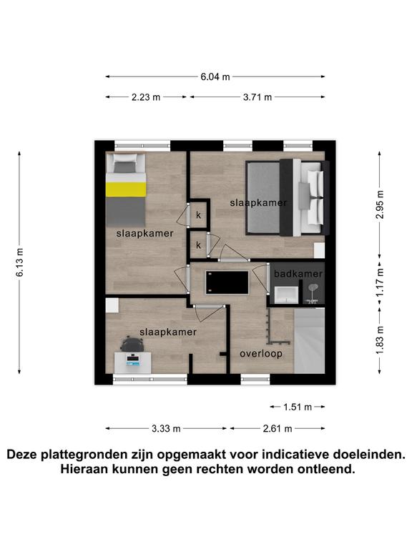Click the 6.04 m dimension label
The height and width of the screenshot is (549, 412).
point(215,76)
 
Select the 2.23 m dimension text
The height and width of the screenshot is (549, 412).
point(146,97)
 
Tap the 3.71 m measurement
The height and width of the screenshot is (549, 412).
point(257,97)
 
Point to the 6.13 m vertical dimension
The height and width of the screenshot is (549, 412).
point(20,262)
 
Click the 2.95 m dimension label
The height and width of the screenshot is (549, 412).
point(380,204)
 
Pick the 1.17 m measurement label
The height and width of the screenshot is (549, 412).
point(380,282)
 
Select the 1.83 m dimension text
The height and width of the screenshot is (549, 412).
point(380,340)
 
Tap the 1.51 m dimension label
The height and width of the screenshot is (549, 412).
point(298,407)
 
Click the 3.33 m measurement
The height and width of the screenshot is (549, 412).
point(166,429)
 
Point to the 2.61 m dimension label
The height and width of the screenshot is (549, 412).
point(278,429)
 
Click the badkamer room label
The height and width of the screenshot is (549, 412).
point(298,274)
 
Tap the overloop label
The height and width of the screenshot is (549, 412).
point(261,354)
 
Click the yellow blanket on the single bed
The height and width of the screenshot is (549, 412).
point(126,189)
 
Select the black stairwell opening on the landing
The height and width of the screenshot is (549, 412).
point(227,282)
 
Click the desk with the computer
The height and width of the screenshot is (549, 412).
point(133,362)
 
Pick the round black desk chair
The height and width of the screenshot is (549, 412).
point(132,344)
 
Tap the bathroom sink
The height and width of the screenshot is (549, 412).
point(286,295)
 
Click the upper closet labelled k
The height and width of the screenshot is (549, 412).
point(199,215)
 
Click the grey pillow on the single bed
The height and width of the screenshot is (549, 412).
point(124,168)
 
